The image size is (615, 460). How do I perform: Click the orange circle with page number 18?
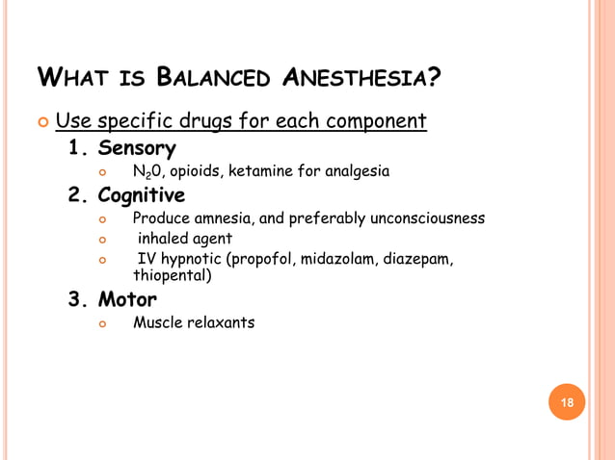point(567,402)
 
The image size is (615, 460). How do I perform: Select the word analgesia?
point(357,172)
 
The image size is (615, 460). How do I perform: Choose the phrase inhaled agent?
point(184,239)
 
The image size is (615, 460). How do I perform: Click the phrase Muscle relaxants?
point(194,322)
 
